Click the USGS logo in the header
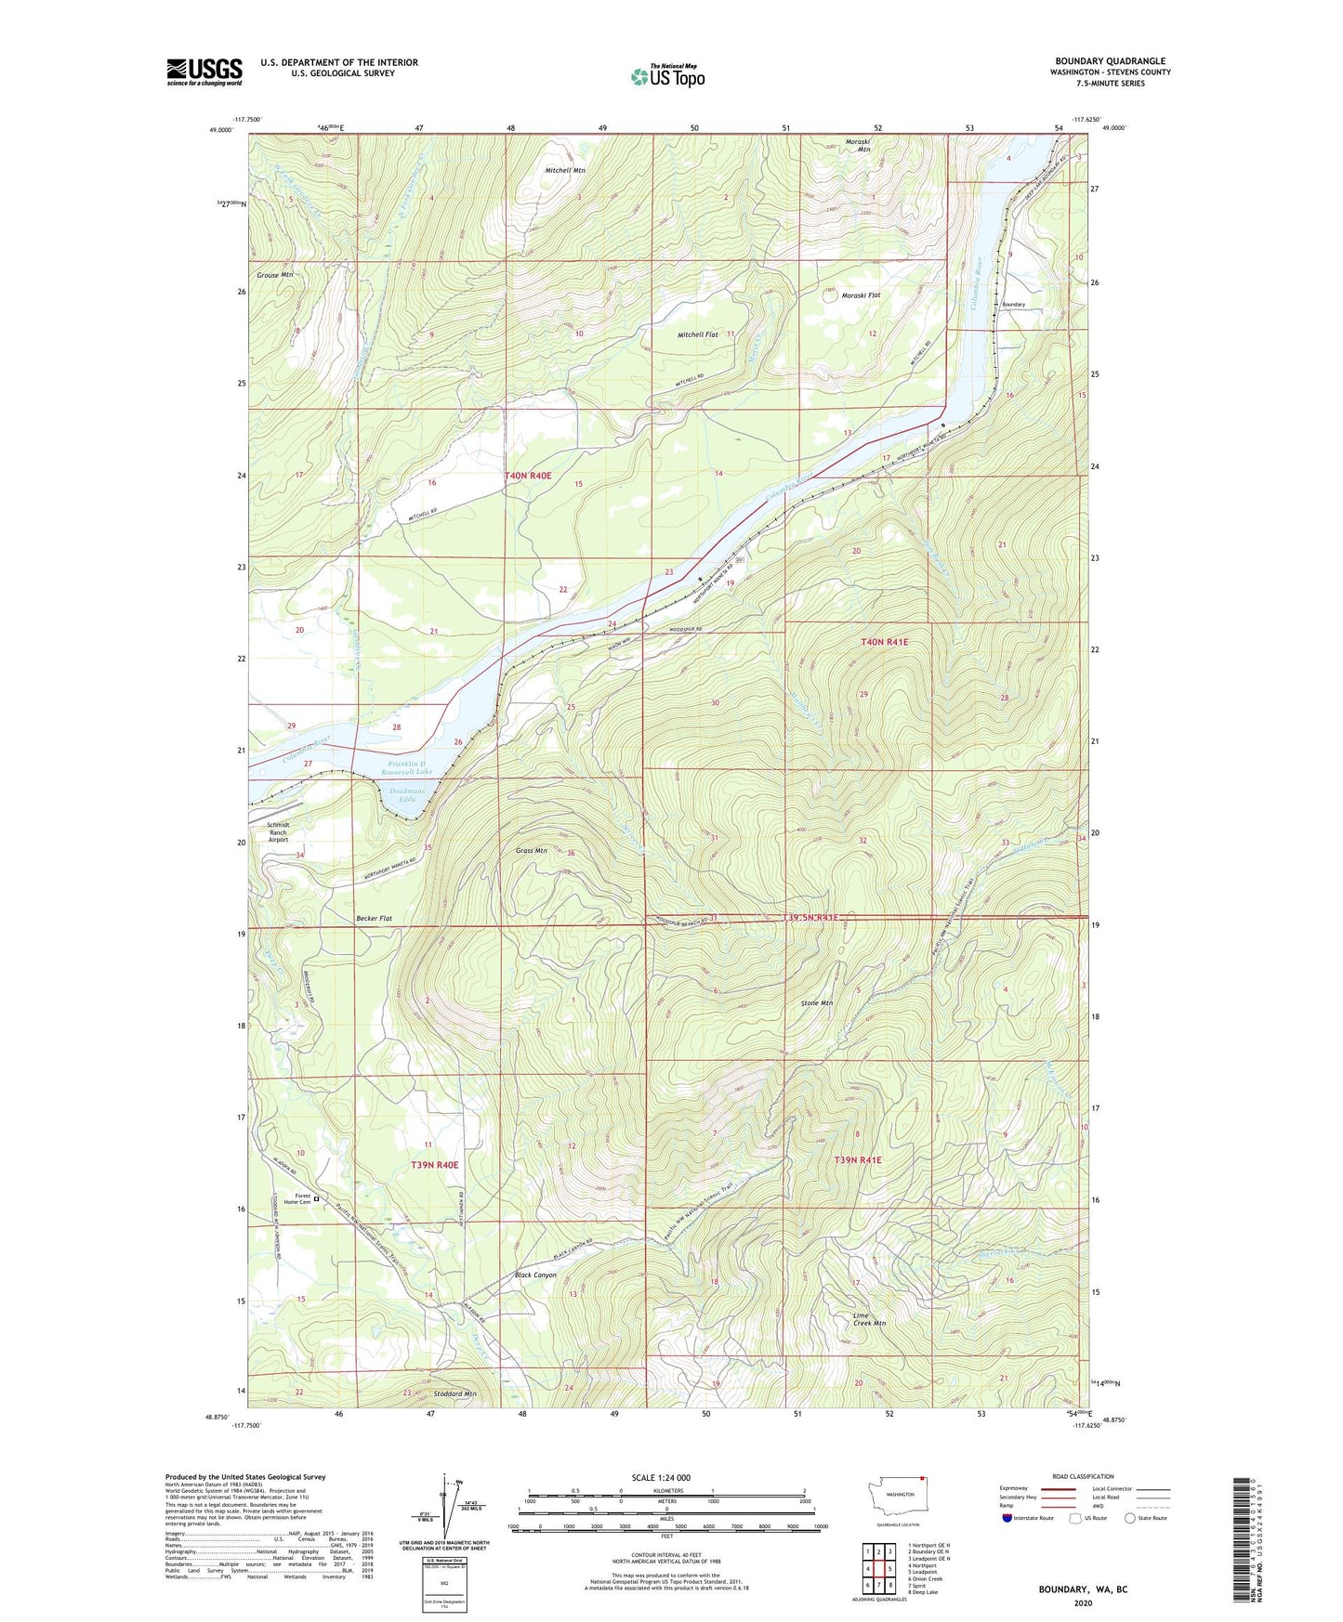[204, 72]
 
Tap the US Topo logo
[667, 76]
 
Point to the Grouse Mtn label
[274, 275]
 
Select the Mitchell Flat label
[698, 334]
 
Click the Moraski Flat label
[861, 295]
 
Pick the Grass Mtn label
[531, 850]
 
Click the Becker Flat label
[374, 918]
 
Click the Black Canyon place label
[535, 1275]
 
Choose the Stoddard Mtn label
[454, 1393]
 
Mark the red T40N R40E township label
[528, 476]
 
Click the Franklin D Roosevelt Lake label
[409, 766]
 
